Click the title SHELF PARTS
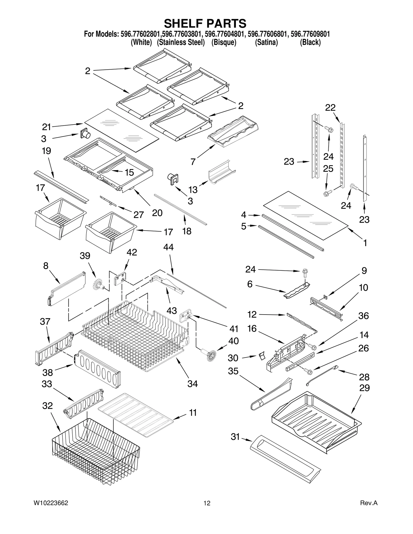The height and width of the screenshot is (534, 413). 205,23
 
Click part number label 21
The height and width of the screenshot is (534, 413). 47,127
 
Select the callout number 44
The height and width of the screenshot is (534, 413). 168,247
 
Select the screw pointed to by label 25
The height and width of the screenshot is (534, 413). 326,193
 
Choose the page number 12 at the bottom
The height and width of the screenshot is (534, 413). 207,503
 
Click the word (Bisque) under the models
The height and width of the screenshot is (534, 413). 224,43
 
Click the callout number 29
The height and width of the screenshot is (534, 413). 364,388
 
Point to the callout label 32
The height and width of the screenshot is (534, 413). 47,406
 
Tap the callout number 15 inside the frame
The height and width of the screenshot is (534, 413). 129,172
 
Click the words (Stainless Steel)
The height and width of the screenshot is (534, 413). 181,43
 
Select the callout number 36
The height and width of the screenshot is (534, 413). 363,316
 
